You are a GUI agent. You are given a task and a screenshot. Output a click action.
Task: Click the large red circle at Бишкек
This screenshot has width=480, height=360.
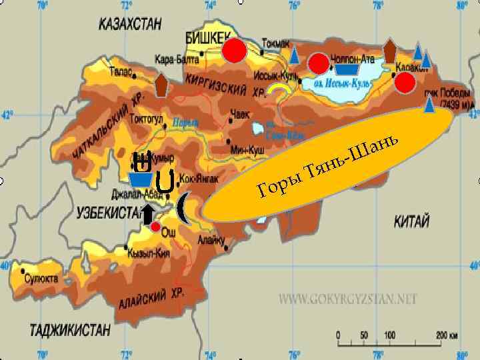tap(234, 51)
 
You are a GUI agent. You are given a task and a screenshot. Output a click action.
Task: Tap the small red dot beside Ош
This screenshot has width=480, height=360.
tap(155, 227)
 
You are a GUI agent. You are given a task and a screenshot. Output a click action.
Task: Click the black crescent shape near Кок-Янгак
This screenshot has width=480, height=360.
tap(183, 207)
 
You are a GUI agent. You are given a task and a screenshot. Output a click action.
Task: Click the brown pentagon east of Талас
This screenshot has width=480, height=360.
tap(161, 86)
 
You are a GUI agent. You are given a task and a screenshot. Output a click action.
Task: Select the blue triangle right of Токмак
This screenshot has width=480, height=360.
tap(294, 55)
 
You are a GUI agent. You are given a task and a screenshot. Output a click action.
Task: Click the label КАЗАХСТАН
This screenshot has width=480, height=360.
tap(130, 25)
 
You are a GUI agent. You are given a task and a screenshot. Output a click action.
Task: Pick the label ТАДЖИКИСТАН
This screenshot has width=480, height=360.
tap(69, 329)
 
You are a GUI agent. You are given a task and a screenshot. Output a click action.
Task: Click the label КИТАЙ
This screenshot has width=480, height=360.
tap(411, 221)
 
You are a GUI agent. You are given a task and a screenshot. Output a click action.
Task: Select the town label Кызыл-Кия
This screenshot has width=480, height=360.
tap(151, 253)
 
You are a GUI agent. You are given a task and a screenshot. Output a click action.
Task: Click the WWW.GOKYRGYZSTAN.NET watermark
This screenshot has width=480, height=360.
tap(348, 299)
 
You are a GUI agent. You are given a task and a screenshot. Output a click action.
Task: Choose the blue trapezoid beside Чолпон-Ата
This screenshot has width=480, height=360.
tap(347, 69)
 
